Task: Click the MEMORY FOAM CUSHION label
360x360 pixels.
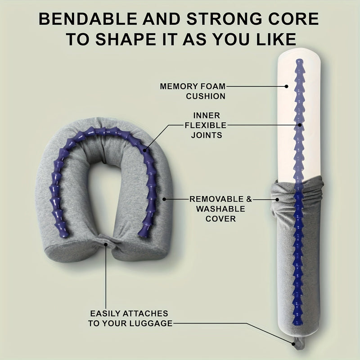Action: click(193, 91)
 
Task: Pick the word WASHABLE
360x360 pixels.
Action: click(217, 209)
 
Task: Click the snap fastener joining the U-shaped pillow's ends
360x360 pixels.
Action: click(106, 244)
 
